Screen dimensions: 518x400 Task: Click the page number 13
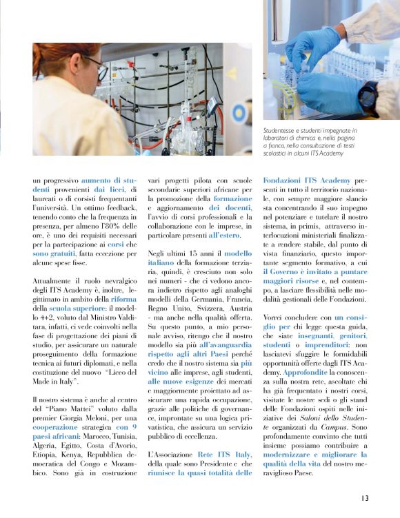(364, 498)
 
